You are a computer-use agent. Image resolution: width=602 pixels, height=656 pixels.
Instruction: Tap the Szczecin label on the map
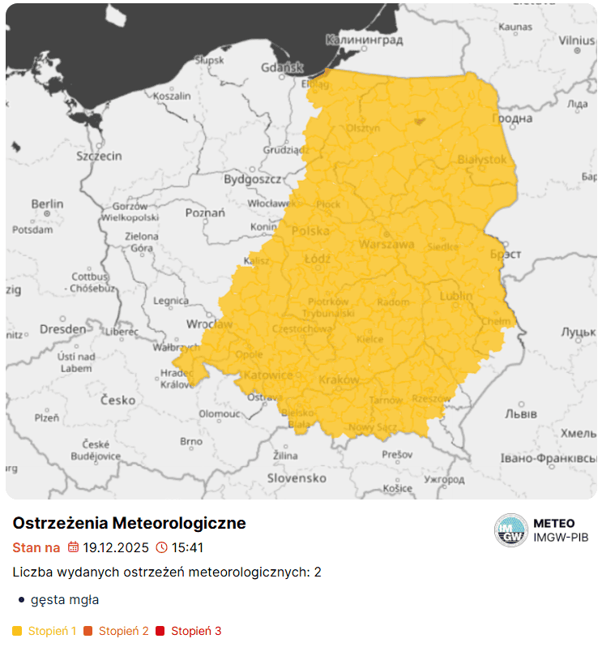click(x=99, y=156)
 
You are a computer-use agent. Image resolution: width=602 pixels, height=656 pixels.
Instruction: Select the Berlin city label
click(x=47, y=204)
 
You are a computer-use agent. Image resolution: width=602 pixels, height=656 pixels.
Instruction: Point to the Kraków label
click(x=339, y=379)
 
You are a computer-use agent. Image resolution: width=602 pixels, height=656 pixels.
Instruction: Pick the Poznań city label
click(x=205, y=213)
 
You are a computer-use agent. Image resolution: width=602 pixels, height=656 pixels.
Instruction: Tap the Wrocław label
click(x=209, y=324)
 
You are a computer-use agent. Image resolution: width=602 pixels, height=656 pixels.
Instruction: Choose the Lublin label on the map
click(x=456, y=296)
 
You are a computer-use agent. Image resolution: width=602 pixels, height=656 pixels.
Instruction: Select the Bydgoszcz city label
click(x=252, y=178)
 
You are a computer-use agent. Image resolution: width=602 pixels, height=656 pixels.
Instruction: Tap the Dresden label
click(x=62, y=329)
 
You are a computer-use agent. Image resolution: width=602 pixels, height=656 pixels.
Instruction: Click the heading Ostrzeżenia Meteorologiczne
click(x=129, y=523)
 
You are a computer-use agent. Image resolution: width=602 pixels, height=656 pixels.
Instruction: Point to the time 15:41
click(x=187, y=547)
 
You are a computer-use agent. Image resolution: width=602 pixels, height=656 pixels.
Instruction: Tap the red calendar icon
click(x=73, y=547)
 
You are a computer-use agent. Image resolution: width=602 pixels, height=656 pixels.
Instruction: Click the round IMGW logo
click(x=510, y=530)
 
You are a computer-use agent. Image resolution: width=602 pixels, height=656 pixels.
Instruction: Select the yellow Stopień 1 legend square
click(x=18, y=631)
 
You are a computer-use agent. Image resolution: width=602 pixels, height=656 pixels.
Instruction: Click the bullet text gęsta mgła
click(x=65, y=600)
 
